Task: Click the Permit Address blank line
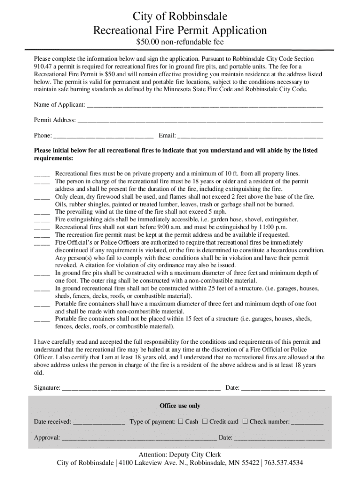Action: tap(200, 121)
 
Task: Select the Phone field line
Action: tap(103, 136)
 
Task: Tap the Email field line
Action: tap(250, 136)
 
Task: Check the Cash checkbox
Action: tap(180, 421)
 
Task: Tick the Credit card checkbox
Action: tap(205, 421)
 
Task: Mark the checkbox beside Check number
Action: tap(245, 421)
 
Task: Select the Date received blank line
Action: tap(99, 422)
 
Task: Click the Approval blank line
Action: tap(139, 438)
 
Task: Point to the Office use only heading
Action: tap(180, 406)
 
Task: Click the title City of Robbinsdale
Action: tap(180, 17)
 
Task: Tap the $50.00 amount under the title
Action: tap(147, 43)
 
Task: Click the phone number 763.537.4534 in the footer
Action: tap(283, 463)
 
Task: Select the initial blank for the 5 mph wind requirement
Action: tap(42, 212)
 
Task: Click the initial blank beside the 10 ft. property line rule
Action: tap(42, 174)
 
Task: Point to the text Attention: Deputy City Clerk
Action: tap(180, 455)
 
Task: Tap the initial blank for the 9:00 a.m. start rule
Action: tap(42, 227)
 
